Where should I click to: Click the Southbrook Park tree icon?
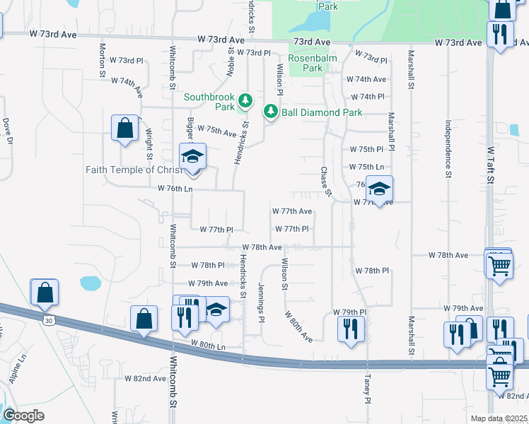pyautogui.click(x=245, y=101)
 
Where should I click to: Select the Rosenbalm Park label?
pyautogui.click(x=306, y=64)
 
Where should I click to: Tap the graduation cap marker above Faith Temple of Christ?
pyautogui.click(x=192, y=157)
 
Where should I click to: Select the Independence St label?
pyautogui.click(x=448, y=148)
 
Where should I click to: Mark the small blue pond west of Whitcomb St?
pyautogui.click(x=91, y=283)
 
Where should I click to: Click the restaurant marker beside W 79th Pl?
pyautogui.click(x=351, y=329)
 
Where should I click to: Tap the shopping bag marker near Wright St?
pyautogui.click(x=124, y=129)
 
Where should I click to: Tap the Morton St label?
pyautogui.click(x=103, y=59)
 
